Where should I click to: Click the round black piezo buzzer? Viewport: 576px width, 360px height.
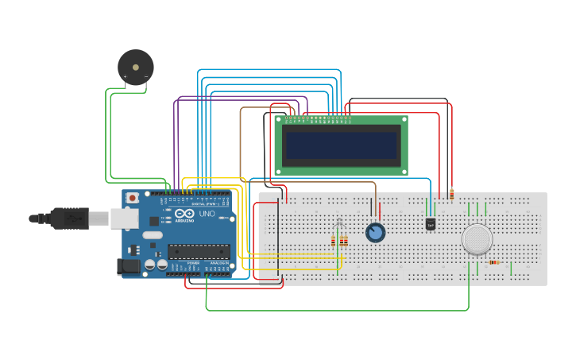click(135, 67)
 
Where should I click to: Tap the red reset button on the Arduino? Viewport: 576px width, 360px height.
click(133, 197)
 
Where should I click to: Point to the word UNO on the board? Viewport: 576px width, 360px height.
click(207, 214)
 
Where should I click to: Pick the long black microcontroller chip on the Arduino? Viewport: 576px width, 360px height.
click(199, 252)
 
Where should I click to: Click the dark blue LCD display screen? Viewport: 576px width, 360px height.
click(341, 145)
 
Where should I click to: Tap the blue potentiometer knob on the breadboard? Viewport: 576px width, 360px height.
click(375, 232)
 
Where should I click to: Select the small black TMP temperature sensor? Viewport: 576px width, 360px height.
click(431, 224)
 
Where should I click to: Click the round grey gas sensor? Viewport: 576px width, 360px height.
click(477, 238)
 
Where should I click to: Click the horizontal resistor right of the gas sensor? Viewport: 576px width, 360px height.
click(494, 262)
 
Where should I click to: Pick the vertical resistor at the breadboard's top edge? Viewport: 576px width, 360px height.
click(451, 194)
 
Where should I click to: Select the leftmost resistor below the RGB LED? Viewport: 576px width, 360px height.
click(333, 241)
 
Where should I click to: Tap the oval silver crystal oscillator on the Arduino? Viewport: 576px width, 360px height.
click(152, 235)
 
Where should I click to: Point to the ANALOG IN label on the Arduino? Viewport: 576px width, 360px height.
click(219, 263)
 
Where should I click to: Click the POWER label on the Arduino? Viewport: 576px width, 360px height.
click(193, 263)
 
